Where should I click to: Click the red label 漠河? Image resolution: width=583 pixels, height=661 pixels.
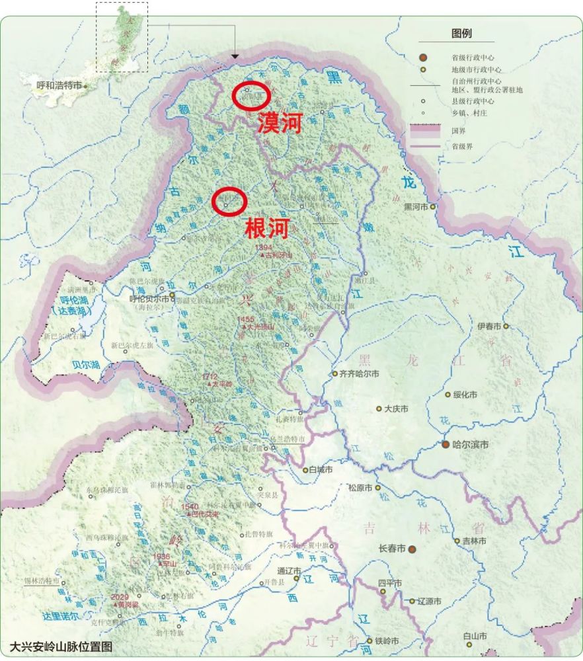pyautogui.click(x=280, y=124)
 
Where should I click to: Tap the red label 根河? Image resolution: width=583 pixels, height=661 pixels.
pyautogui.click(x=267, y=229)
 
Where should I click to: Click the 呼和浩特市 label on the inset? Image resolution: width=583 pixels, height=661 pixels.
pyautogui.click(x=59, y=86)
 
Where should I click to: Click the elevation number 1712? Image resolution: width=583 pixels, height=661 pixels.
pyautogui.click(x=210, y=376)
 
